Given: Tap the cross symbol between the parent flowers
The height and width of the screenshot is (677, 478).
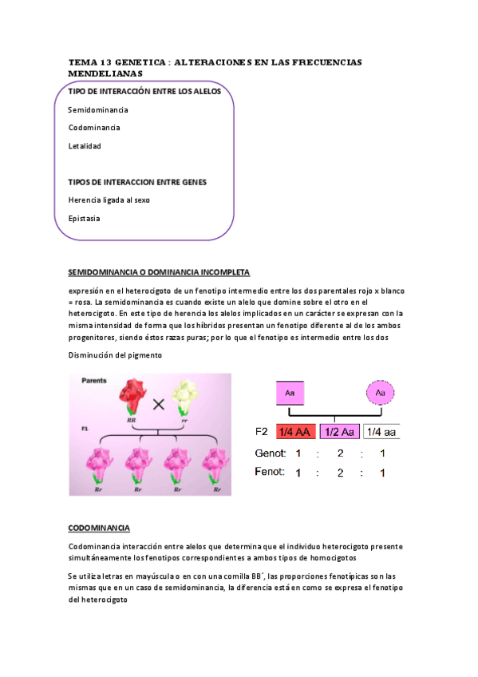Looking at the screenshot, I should tap(159, 404).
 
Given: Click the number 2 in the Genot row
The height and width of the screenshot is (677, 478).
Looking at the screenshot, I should tap(341, 453).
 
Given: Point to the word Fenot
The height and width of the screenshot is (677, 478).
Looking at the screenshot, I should tap(270, 472).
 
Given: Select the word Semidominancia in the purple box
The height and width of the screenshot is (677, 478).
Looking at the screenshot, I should tap(98, 110).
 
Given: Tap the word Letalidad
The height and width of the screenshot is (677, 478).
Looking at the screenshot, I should tap(85, 146).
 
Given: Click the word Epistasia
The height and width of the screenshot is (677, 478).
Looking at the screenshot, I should tap(85, 218).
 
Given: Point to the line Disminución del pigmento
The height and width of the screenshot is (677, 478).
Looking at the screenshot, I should tap(115, 355).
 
